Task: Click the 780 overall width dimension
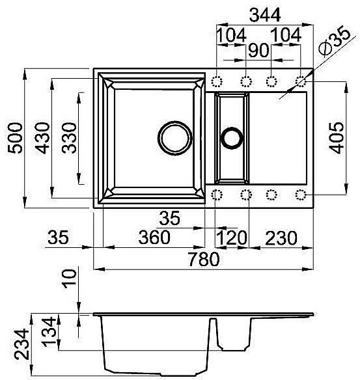(204, 259)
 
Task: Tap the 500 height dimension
(15, 138)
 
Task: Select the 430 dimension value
(42, 138)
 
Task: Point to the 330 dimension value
(69, 138)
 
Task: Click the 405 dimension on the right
(337, 138)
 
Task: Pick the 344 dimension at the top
(265, 15)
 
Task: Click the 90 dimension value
(258, 50)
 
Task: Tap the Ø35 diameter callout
(335, 41)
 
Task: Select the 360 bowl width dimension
(154, 238)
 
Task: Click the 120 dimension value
(232, 238)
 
